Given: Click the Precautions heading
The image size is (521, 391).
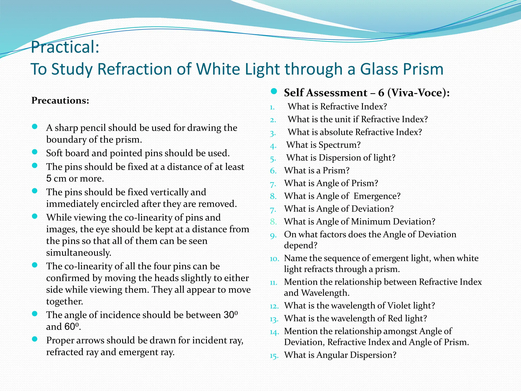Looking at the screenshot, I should (60, 101).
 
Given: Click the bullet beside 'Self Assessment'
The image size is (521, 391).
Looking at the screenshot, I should (274, 91).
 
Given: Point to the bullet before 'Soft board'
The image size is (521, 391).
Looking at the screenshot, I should (35, 152).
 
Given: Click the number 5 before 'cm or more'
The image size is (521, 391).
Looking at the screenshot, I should (49, 178).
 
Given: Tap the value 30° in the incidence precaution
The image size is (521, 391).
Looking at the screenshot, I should (230, 315).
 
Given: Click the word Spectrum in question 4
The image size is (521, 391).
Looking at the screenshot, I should (339, 145).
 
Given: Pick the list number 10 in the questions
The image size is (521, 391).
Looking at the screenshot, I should (274, 259).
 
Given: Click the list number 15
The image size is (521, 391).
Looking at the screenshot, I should (274, 356).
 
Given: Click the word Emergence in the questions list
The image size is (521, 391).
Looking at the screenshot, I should (377, 196).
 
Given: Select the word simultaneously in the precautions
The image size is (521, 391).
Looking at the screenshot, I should (79, 253).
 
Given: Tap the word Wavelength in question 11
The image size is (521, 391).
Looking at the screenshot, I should (325, 293).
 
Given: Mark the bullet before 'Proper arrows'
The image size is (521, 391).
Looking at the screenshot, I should (35, 339).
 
